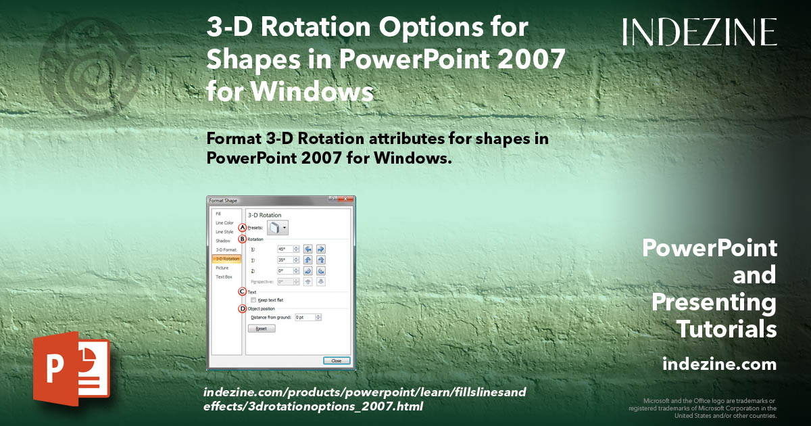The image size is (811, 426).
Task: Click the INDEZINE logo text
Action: click(699, 32)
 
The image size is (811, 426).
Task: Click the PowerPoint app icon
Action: click(71, 372)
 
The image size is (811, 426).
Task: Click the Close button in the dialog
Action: click(336, 360)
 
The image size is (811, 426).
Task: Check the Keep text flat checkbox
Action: click(253, 300)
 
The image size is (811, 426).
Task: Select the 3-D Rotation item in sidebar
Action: click(226, 259)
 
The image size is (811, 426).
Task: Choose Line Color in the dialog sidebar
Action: click(224, 222)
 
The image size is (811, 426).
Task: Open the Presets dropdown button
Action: click(278, 229)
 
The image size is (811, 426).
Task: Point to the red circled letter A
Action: click(242, 228)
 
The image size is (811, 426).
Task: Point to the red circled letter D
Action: click(242, 309)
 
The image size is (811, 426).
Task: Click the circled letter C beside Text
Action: click(242, 291)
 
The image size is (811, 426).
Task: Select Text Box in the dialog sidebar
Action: click(223, 277)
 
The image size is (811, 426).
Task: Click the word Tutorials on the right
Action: click(726, 329)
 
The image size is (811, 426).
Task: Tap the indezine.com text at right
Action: click(719, 364)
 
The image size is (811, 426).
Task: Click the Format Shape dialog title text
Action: click(223, 200)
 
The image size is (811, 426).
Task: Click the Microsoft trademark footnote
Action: click(703, 408)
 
